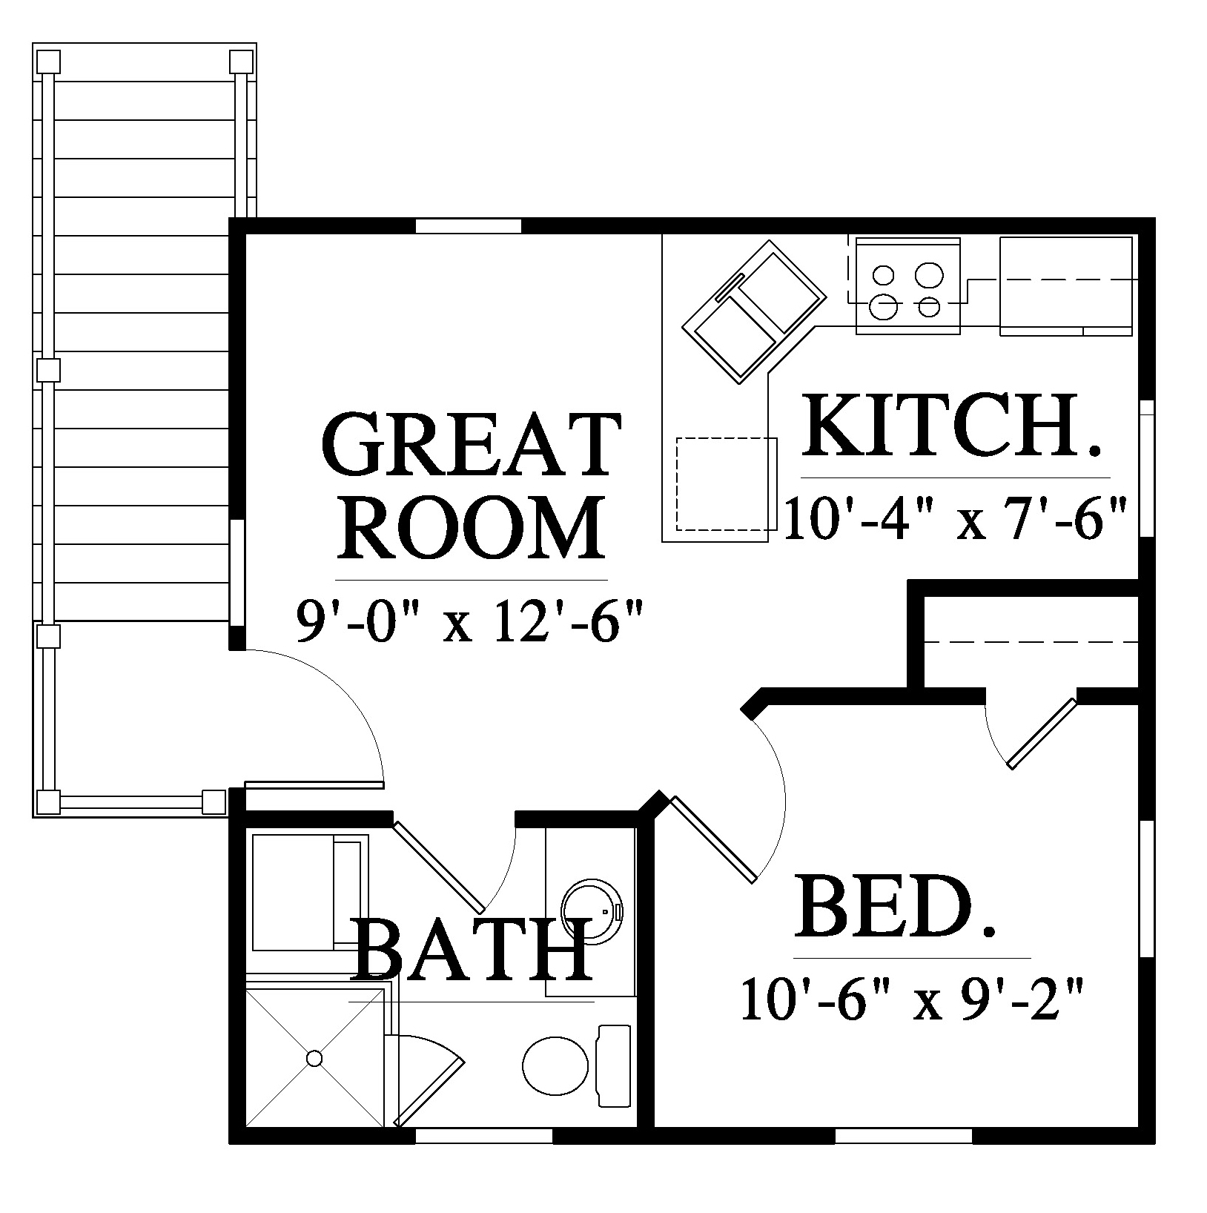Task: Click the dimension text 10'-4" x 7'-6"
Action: pyautogui.click(x=956, y=519)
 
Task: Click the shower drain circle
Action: pyautogui.click(x=314, y=1058)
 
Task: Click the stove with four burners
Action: pyautogui.click(x=908, y=285)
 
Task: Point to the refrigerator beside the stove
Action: pyautogui.click(x=1066, y=285)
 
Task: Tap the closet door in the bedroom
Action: pyautogui.click(x=1042, y=732)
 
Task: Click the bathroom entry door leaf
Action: pyautogui.click(x=439, y=866)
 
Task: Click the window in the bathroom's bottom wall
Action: pyautogui.click(x=483, y=1156)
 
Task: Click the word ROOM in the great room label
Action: pyautogui.click(x=472, y=527)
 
